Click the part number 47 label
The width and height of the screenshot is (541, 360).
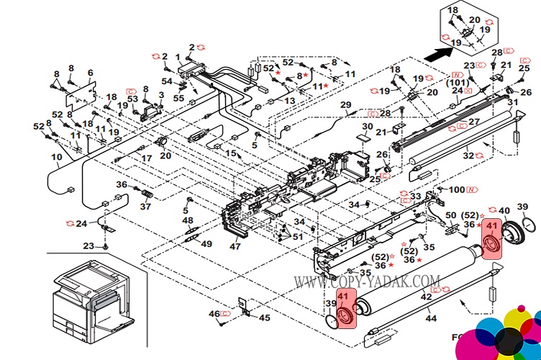tap(235, 246)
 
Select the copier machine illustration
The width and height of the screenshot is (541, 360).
tap(90, 299)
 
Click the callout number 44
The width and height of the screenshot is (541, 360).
tap(430, 318)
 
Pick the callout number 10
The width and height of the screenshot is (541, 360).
tap(56, 157)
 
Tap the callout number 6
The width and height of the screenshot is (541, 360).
tap(91, 73)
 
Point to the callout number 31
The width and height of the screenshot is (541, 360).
tap(512, 103)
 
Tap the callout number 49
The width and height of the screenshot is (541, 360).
tap(206, 244)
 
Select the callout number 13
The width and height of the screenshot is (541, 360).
tap(289, 102)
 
